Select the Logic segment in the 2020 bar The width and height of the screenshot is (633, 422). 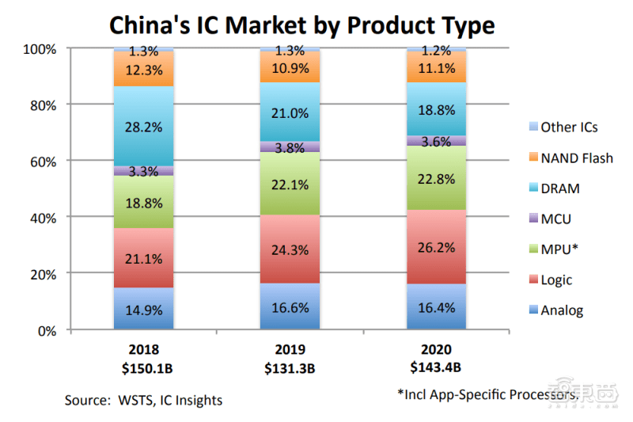click(x=437, y=246)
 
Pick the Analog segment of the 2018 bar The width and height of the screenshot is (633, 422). click(x=143, y=309)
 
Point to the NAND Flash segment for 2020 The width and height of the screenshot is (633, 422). click(x=437, y=67)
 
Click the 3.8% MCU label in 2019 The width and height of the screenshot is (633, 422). click(x=290, y=146)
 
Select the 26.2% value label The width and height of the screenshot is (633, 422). click(x=437, y=246)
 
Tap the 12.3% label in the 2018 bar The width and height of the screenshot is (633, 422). click(x=143, y=70)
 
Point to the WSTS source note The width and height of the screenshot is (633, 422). click(x=143, y=401)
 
